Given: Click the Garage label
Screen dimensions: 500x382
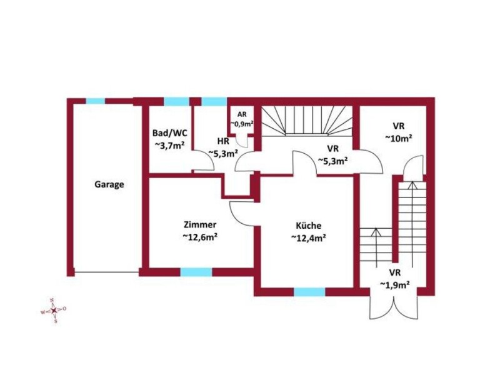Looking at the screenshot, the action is point(109,184).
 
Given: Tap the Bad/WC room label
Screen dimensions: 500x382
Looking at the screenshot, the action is point(169,133).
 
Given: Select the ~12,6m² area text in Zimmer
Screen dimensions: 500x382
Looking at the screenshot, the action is point(200,237).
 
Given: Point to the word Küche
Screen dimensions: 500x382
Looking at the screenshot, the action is point(308,226).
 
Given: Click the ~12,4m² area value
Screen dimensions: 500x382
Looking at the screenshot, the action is point(308,238).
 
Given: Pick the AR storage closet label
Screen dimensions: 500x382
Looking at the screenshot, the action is point(242,115).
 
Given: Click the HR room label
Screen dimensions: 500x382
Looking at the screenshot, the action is point(223,141).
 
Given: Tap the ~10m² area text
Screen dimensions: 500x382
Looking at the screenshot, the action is point(399,138).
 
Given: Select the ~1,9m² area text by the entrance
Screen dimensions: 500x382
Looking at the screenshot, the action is point(394,284).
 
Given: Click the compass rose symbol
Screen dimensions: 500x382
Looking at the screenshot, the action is point(54,310).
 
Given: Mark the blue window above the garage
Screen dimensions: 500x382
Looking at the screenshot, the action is point(96,101).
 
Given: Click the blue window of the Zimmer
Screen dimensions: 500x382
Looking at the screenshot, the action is point(196,272).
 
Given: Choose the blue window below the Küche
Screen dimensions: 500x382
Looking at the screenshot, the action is point(309,292).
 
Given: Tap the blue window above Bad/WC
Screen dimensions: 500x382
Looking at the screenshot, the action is point(177,101).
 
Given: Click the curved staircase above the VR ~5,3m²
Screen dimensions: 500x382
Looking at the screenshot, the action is point(307,121).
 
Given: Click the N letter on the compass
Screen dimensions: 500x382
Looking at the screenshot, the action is point(52,299).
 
